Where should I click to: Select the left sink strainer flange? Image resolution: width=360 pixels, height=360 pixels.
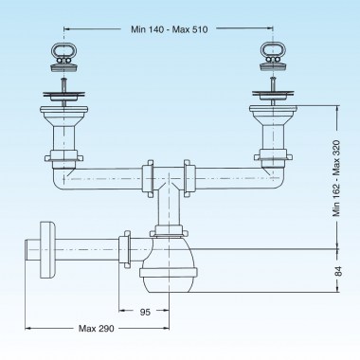tap(63, 93)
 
